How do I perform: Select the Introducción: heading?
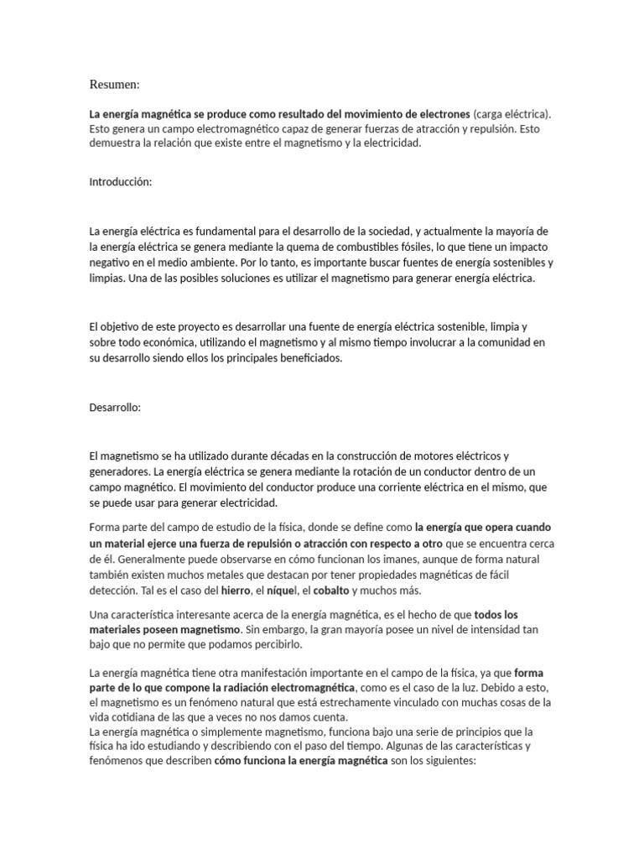coord(121,182)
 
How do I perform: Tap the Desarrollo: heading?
coord(116,407)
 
